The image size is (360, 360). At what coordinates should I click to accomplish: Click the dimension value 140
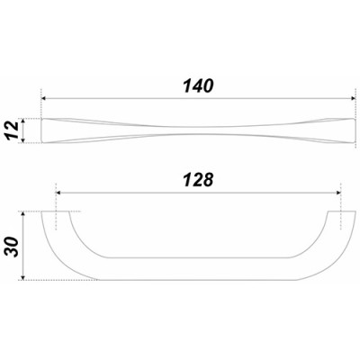click(198, 86)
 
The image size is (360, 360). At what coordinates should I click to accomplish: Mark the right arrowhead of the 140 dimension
click(349, 98)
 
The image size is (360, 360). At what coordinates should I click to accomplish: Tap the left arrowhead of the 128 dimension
click(60, 191)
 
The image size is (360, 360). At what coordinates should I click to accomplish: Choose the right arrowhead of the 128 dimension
click(337, 191)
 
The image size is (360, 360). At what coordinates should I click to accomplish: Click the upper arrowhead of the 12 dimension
click(33, 120)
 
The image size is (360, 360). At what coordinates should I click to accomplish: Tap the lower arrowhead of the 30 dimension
click(33, 275)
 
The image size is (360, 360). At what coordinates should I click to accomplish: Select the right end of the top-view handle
click(348, 130)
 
